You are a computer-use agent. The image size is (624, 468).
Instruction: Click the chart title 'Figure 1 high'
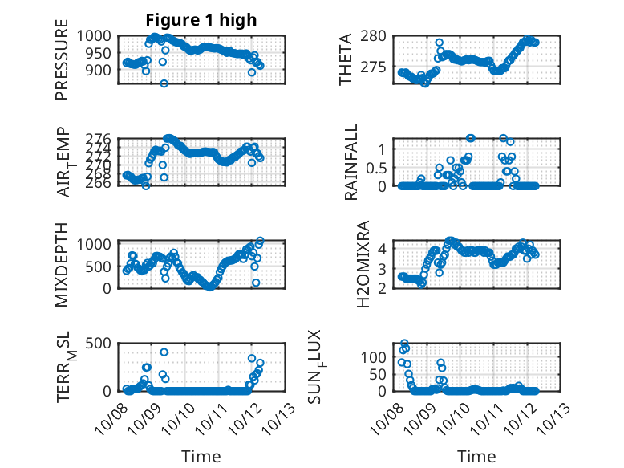201,20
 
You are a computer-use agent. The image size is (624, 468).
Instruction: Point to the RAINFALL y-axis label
351,163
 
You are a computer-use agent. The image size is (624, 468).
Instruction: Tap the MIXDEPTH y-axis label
62,264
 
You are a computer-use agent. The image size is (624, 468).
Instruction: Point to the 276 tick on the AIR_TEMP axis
103,140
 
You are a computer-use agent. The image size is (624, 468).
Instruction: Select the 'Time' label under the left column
201,456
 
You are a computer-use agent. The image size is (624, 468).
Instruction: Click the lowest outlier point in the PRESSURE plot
164,83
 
